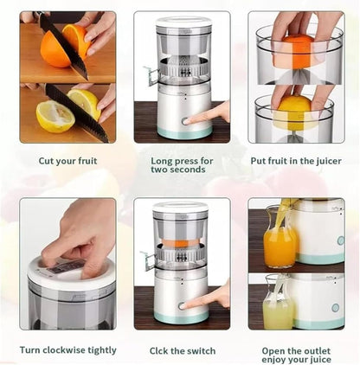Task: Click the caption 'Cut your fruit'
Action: [x=67, y=161]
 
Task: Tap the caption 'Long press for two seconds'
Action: [x=182, y=165]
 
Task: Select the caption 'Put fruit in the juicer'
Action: [x=296, y=161]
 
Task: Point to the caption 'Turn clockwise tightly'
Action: [x=68, y=350]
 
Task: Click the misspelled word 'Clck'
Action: [x=158, y=351]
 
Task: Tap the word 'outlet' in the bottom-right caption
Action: [x=315, y=351]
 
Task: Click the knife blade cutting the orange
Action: [x=63, y=46]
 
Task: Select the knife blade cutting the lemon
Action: [x=77, y=113]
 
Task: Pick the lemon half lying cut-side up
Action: [x=55, y=117]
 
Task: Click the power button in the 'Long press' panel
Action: [x=185, y=121]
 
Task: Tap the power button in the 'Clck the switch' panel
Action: [x=182, y=306]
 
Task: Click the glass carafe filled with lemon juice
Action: [x=278, y=303]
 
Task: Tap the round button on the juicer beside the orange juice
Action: [x=341, y=240]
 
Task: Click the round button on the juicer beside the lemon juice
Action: [x=335, y=308]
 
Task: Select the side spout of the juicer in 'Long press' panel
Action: [x=151, y=76]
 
